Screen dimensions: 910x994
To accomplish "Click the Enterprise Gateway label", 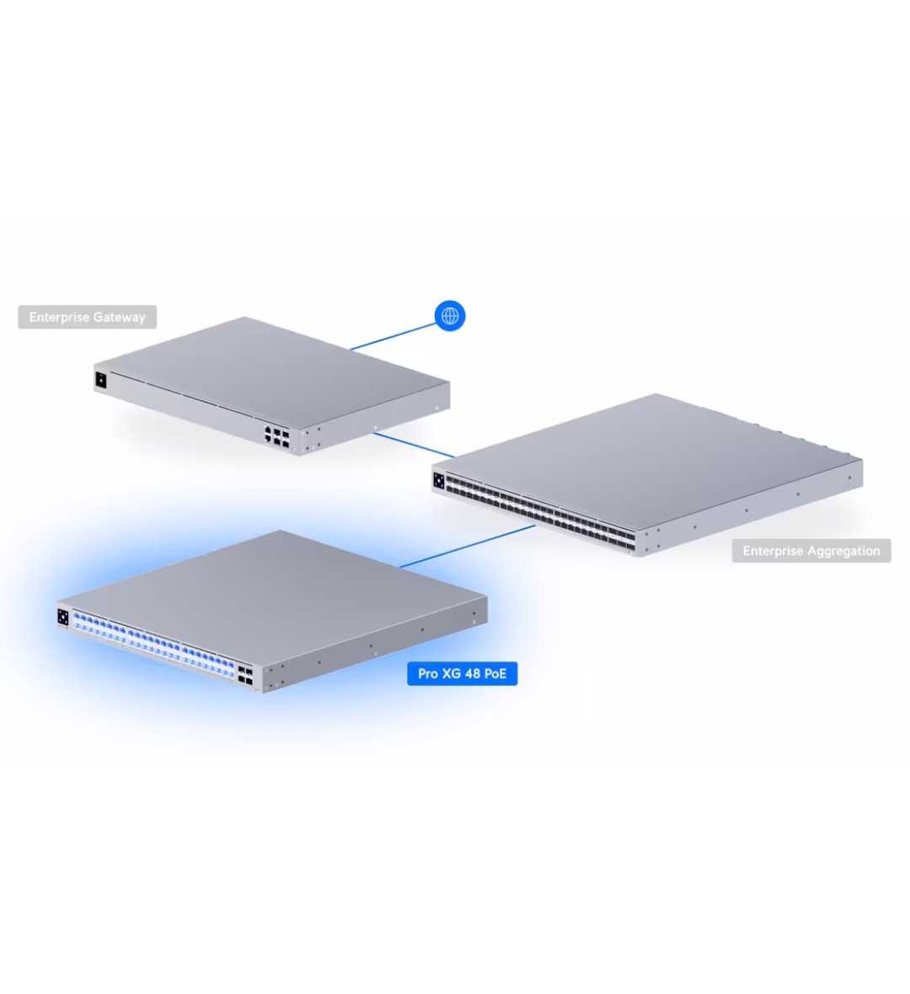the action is coord(88,317).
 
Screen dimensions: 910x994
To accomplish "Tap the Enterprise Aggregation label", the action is coord(811,551).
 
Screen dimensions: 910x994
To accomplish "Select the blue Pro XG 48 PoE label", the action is coord(463,673).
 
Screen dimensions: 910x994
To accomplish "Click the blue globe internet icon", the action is coord(450,316).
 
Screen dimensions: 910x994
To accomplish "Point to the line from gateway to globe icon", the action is coord(393,337).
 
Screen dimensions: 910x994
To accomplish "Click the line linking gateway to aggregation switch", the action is coord(414,445).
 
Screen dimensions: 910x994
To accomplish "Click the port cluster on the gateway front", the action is coord(277,437).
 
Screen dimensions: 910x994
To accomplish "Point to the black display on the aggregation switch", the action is coord(439,480).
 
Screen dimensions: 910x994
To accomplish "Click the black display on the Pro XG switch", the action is coord(63,617).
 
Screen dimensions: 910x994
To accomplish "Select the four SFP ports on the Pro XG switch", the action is coord(245,676).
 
